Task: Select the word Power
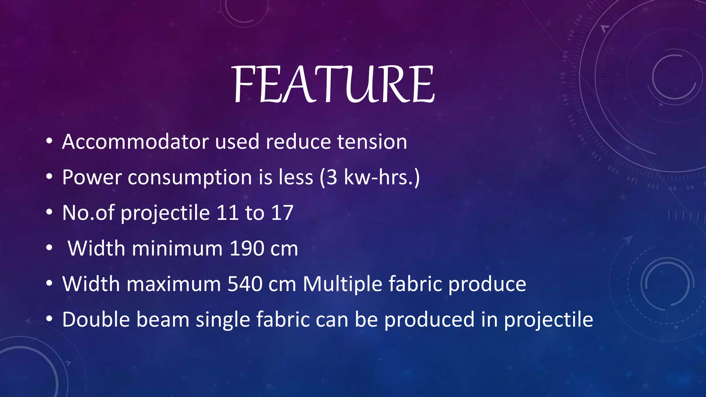click(x=92, y=177)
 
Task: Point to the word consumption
click(x=190, y=178)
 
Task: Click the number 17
click(x=282, y=213)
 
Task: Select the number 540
click(x=245, y=284)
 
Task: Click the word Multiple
click(x=342, y=285)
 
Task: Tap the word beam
click(x=163, y=319)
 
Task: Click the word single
click(x=223, y=320)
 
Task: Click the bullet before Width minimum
click(x=49, y=248)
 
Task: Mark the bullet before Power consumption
click(x=49, y=177)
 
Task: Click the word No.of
click(x=88, y=213)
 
